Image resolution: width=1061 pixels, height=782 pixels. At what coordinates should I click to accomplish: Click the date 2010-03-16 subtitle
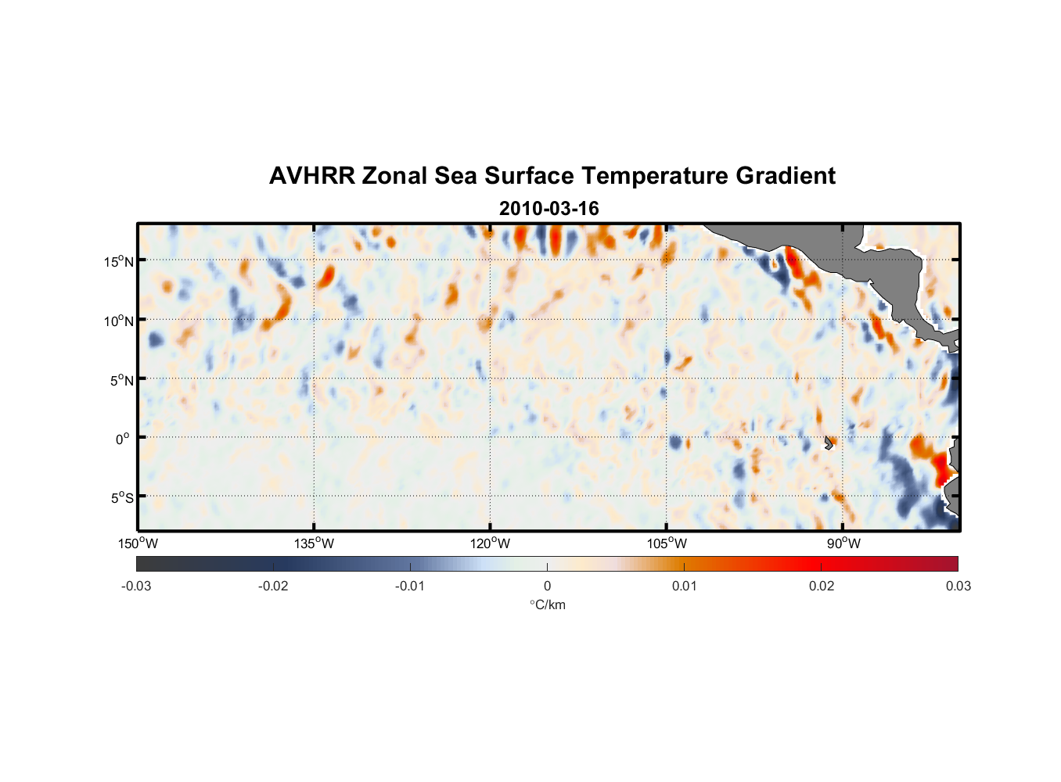548,209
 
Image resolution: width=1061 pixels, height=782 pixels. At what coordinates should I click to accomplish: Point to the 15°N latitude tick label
119,261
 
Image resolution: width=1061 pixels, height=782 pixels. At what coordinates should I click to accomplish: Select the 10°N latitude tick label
119,321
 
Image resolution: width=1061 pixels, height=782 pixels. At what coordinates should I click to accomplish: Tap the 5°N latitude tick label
121,380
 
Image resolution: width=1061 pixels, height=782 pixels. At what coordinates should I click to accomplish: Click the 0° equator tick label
123,439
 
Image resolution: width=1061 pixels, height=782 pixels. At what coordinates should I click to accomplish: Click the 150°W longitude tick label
138,543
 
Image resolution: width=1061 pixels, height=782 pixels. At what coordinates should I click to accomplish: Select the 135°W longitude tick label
314,543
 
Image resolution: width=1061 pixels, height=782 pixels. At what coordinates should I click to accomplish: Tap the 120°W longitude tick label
490,543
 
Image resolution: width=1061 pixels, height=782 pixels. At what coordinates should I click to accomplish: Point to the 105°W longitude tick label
667,543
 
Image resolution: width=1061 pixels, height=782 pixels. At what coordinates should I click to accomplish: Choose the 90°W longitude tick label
843,543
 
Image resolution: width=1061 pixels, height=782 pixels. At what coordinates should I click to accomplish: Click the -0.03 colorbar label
136,586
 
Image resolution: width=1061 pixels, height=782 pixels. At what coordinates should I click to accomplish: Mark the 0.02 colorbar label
821,586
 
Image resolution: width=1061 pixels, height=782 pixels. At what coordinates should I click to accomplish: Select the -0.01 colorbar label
410,586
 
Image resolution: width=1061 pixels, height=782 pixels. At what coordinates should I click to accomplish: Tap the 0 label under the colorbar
547,586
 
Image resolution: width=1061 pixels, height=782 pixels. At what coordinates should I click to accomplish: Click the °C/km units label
548,604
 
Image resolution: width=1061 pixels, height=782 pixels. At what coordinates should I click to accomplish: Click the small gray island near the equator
829,443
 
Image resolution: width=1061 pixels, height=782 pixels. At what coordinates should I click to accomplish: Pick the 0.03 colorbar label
958,586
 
